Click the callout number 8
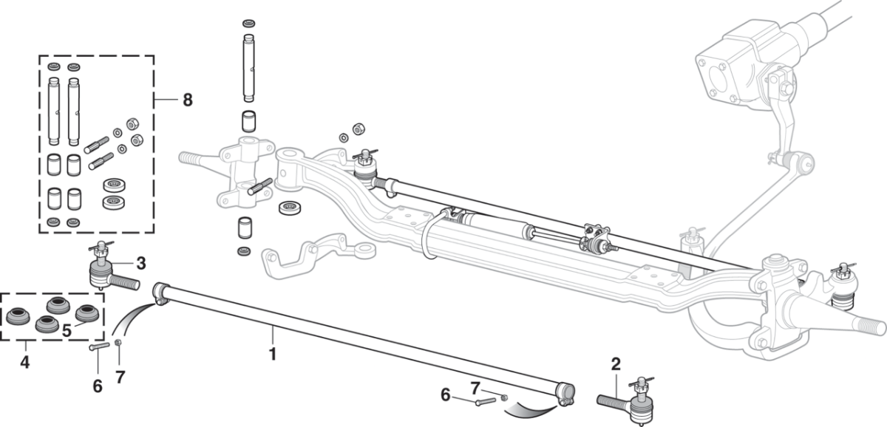pyautogui.click(x=188, y=100)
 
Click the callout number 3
pyautogui.click(x=141, y=264)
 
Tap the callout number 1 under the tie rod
pyautogui.click(x=273, y=354)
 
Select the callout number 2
pyautogui.click(x=616, y=364)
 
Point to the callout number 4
pyautogui.click(x=24, y=362)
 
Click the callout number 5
pyautogui.click(x=67, y=331)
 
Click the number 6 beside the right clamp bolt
pyautogui.click(x=446, y=394)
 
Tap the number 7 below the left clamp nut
pyautogui.click(x=120, y=378)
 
